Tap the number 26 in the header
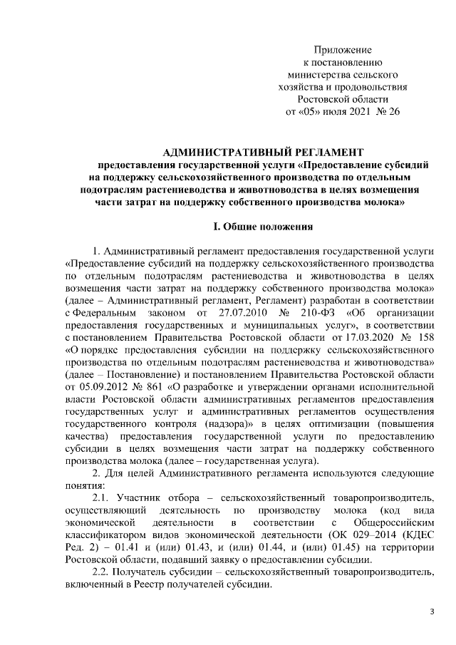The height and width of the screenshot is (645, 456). tap(393, 113)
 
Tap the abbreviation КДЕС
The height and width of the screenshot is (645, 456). tap(413, 533)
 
